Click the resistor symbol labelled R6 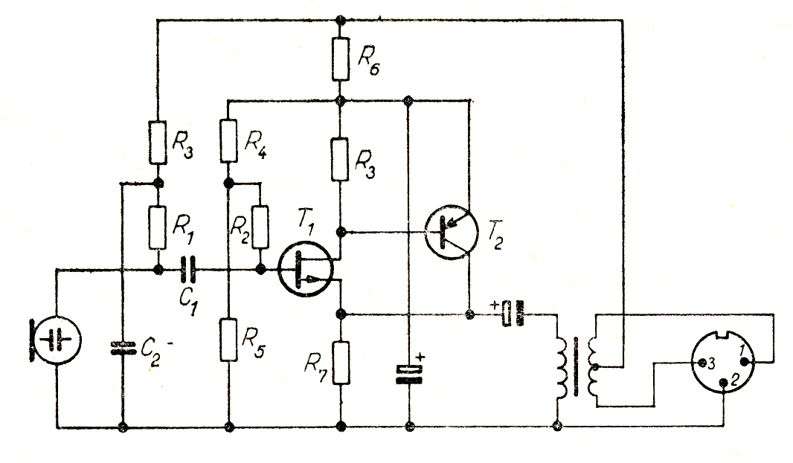(x=340, y=59)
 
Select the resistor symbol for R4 (x=229, y=140)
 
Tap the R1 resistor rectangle (x=158, y=227)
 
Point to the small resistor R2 (x=260, y=226)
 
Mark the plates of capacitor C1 (x=189, y=269)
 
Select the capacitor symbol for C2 (x=121, y=348)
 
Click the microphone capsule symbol (x=56, y=338)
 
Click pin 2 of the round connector (x=725, y=383)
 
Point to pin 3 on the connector (x=703, y=363)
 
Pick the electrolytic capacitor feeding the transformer (x=512, y=314)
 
